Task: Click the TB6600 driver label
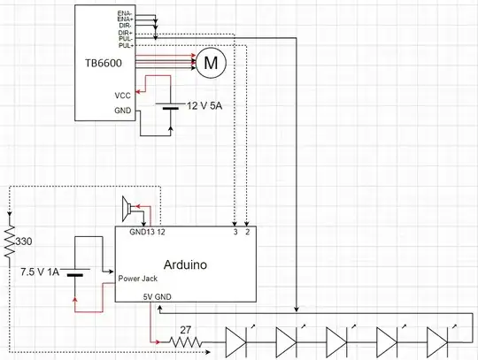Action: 103,64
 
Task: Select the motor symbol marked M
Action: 211,63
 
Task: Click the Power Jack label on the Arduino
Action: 136,279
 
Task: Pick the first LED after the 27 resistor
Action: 237,340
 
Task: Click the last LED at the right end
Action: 437,340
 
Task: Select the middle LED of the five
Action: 337,340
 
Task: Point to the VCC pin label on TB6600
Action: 123,95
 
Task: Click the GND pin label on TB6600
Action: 123,112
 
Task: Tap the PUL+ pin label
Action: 127,44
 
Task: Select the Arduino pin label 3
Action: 234,233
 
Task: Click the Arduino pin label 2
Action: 247,233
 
